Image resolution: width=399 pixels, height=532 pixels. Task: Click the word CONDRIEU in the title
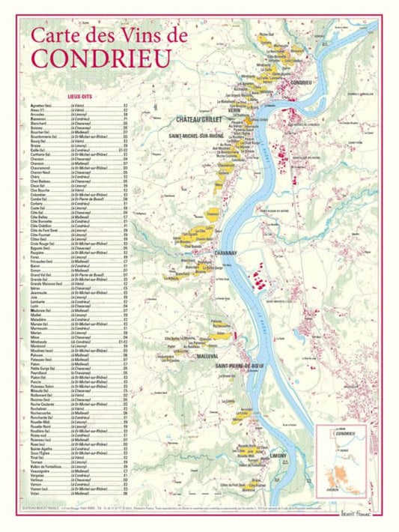click(x=100, y=58)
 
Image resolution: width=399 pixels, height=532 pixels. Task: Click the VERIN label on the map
click(x=245, y=109)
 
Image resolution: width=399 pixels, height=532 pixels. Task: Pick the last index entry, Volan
click(x=36, y=495)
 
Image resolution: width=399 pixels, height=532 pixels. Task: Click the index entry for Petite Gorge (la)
click(x=46, y=368)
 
